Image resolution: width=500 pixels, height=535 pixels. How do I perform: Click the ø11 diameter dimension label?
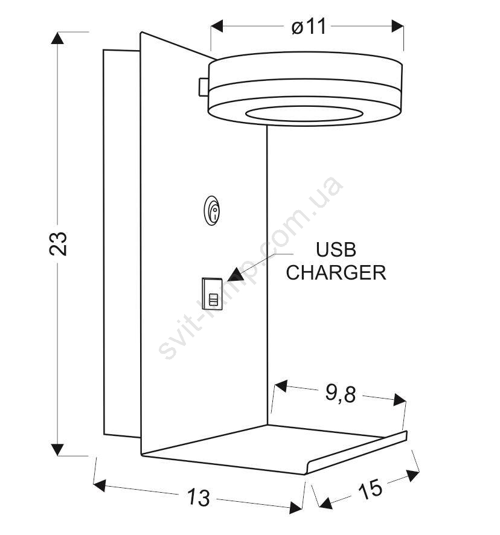[309, 27]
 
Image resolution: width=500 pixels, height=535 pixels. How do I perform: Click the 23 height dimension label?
[58, 243]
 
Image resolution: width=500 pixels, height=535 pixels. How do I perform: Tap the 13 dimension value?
[198, 497]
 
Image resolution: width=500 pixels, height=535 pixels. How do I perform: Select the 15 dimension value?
[370, 489]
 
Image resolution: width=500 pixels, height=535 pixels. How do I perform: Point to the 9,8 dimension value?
[340, 394]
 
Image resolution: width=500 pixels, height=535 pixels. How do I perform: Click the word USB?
[336, 249]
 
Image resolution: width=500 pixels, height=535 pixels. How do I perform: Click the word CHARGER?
[336, 272]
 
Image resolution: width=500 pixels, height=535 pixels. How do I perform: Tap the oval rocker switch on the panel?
[212, 211]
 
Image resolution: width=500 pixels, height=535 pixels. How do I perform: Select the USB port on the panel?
[213, 294]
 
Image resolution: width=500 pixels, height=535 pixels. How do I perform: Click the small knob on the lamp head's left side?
[204, 87]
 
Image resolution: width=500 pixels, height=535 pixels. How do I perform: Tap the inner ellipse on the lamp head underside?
[304, 114]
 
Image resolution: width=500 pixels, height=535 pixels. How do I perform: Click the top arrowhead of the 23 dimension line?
[57, 38]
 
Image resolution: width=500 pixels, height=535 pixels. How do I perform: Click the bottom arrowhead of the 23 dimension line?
[57, 450]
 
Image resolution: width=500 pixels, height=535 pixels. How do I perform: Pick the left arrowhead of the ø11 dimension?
[217, 26]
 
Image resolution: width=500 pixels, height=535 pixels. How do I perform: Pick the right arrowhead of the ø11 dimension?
[397, 26]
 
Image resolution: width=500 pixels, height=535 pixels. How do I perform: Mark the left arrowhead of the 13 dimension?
[99, 485]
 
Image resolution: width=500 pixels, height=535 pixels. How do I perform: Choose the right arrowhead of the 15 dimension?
[413, 475]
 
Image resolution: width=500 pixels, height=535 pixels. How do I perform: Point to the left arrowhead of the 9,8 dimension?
[281, 386]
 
